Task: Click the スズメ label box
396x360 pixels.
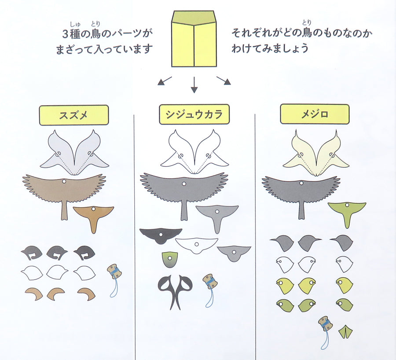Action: coord(74,115)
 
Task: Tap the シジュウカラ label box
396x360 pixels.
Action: coord(194,114)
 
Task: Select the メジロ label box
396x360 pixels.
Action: coord(315,114)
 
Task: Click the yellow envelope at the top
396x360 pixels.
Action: coord(194,39)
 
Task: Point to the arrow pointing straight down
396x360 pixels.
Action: coord(194,85)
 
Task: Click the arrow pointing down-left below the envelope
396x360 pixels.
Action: coord(165,81)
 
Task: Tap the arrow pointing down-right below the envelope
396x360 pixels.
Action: coord(224,81)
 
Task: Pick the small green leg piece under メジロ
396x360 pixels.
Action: coord(345,331)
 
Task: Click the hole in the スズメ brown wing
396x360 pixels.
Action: coord(64,181)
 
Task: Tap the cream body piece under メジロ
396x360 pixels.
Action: coord(316,153)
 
